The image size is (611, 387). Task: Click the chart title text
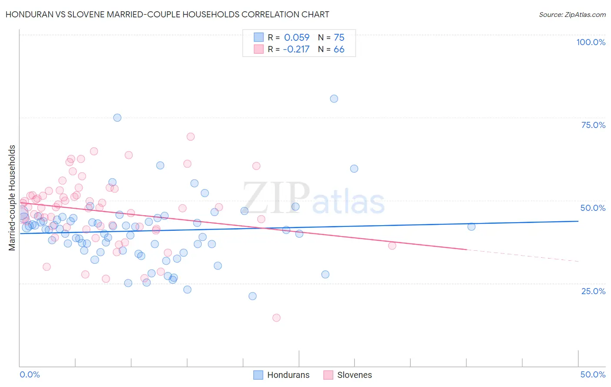pos(167,14)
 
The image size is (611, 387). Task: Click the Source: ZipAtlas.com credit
pos(572,15)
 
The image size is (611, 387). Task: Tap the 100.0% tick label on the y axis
pos(591,42)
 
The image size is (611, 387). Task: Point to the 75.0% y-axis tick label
pos(593,125)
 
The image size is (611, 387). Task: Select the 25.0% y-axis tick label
pos(593,291)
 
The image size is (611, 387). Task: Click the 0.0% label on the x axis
pos(30,374)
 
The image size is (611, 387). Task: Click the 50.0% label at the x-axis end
pos(593,374)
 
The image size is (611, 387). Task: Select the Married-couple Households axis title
pos(12,198)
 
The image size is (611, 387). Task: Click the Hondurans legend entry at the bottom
pos(288,375)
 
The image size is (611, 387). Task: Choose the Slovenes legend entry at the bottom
pos(354,375)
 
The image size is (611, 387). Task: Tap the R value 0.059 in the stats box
pos(297,37)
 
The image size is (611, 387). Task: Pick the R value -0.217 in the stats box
pos(296,49)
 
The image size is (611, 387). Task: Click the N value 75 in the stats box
pos(339,37)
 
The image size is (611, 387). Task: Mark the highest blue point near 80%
pos(334,98)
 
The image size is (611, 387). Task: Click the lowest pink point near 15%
pos(276,318)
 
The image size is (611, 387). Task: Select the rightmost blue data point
pos(472,226)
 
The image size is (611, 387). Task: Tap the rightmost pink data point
pos(392,246)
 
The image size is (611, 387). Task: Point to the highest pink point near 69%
pos(190,137)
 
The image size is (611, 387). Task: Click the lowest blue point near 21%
pos(252,296)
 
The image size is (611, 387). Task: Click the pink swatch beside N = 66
pos(259,49)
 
